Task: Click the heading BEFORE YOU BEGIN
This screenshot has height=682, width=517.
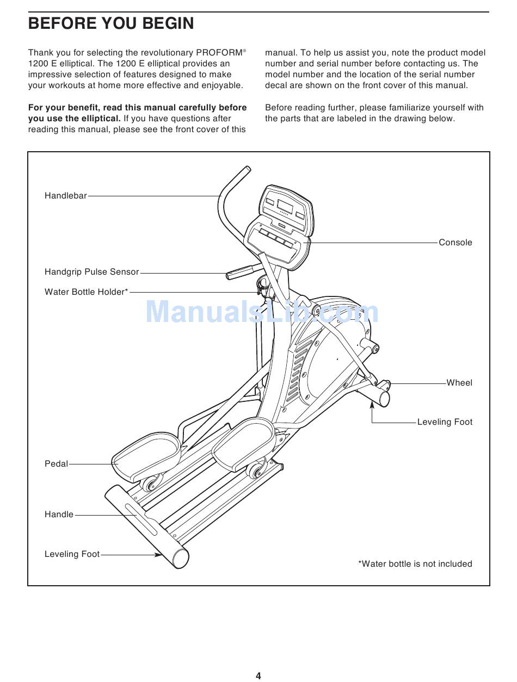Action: click(x=111, y=24)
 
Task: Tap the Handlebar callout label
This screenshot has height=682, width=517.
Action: click(x=66, y=196)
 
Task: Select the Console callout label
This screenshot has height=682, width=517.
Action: click(x=456, y=243)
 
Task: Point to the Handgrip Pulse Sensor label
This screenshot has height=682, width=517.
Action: click(x=92, y=272)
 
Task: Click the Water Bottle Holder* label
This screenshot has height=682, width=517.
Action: click(x=87, y=292)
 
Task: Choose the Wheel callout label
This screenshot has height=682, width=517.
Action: click(x=459, y=383)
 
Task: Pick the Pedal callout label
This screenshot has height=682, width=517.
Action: click(x=57, y=464)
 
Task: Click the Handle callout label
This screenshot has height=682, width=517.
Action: click(x=59, y=514)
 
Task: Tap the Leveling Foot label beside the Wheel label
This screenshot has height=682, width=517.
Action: click(x=445, y=422)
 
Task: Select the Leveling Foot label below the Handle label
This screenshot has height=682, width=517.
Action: click(x=72, y=554)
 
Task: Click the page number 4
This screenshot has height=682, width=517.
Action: click(x=258, y=676)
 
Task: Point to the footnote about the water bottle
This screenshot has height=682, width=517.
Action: click(x=415, y=564)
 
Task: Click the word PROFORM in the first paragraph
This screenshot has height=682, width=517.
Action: click(x=218, y=53)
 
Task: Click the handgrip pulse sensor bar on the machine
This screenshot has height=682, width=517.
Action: click(x=242, y=271)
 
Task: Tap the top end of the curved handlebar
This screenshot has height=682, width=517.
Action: click(x=247, y=170)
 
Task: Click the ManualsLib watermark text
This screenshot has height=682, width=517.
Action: click(x=262, y=312)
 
